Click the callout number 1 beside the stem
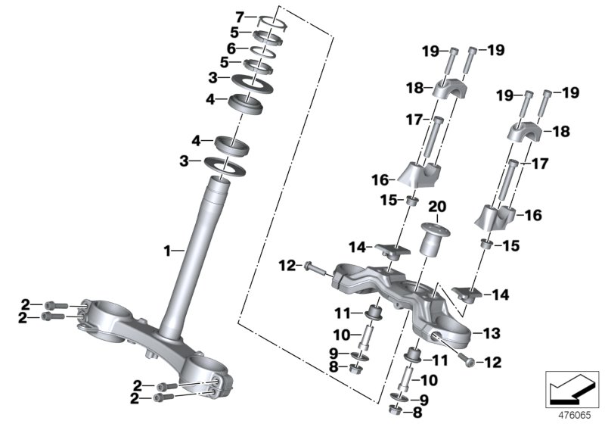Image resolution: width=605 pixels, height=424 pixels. pyautogui.click(x=169, y=248)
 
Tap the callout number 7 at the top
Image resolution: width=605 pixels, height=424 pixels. pyautogui.click(x=240, y=16)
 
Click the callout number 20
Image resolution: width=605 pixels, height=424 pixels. pyautogui.click(x=436, y=207)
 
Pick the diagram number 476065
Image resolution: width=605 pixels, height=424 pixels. pyautogui.click(x=576, y=414)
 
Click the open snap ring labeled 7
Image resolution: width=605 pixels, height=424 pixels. pyautogui.click(x=274, y=20)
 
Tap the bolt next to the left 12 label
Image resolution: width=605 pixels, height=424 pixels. pyautogui.click(x=314, y=266)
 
